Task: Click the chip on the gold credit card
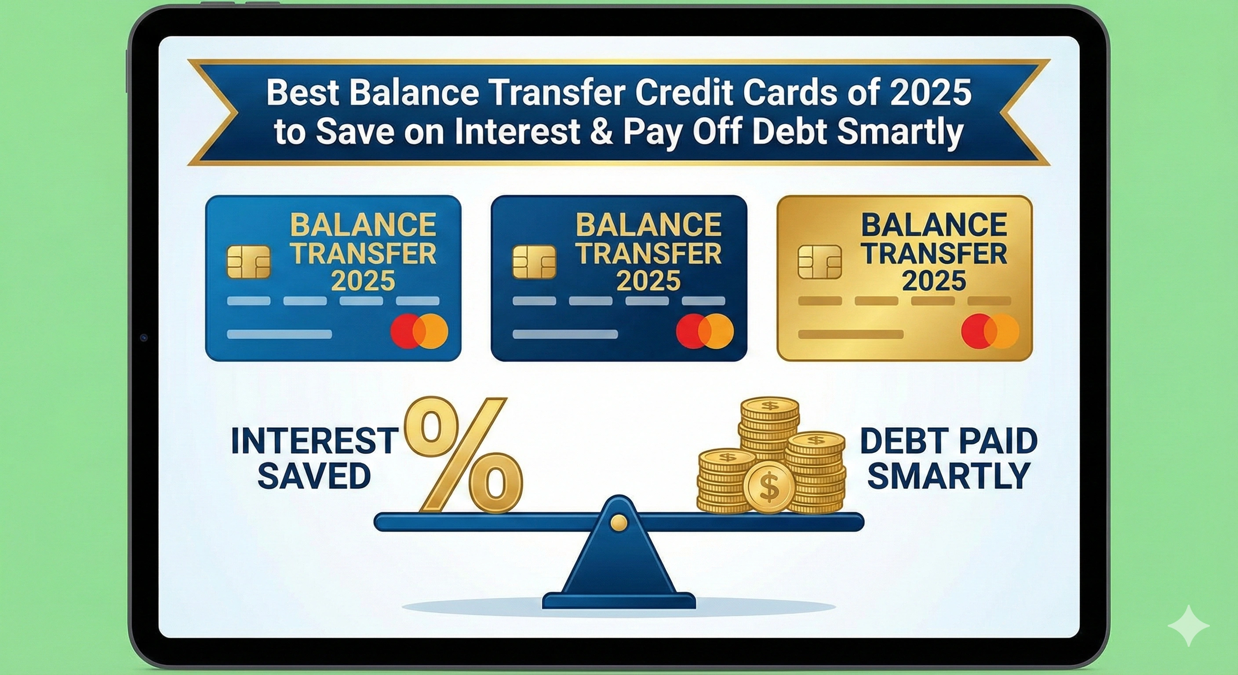tap(819, 262)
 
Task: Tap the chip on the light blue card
tap(248, 262)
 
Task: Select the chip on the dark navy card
tap(534, 262)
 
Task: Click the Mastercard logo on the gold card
tap(990, 331)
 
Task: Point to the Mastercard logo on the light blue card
tap(419, 331)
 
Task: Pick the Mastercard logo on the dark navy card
tap(705, 331)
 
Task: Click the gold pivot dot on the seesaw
tap(619, 522)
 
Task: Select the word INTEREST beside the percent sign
tap(315, 441)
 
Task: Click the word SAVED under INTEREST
tap(314, 476)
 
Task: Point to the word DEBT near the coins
tap(895, 441)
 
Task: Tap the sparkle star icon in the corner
tap(1188, 625)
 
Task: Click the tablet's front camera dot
tap(144, 338)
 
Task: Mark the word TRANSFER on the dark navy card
tap(649, 254)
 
